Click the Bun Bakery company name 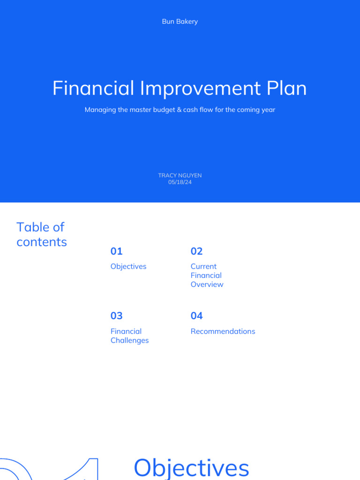click(x=180, y=22)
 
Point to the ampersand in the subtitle click(x=179, y=110)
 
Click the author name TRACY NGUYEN click(x=180, y=175)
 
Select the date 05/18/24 click(x=180, y=182)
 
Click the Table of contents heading click(x=41, y=234)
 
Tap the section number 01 click(x=116, y=251)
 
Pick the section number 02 click(x=196, y=251)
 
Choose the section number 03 click(x=116, y=316)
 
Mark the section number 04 click(x=196, y=316)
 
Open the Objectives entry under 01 click(x=128, y=266)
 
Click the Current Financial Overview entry click(x=207, y=275)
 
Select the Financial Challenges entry click(x=129, y=336)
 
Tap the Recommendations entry click(x=223, y=331)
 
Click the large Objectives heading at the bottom click(x=191, y=467)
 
